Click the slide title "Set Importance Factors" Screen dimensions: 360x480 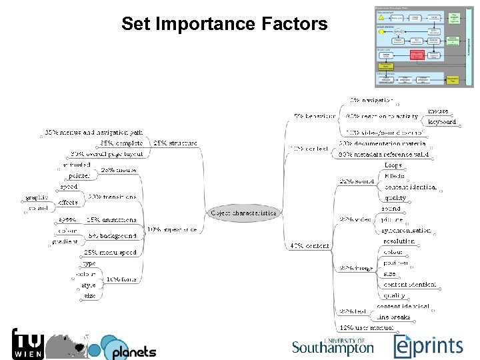click(x=224, y=25)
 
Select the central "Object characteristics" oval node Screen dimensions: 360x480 click(x=244, y=213)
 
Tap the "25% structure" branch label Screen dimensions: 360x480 click(x=175, y=143)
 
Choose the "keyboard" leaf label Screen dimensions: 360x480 click(x=441, y=122)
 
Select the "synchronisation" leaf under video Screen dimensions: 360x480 click(x=407, y=231)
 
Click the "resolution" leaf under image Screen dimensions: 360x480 click(x=399, y=241)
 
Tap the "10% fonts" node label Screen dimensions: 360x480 click(x=121, y=279)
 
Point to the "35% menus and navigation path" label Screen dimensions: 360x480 click(x=93, y=133)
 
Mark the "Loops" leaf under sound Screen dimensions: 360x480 click(x=393, y=165)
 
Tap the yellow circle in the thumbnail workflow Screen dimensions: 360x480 click(x=381, y=31)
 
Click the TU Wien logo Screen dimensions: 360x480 click(x=29, y=344)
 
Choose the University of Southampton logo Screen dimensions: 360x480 click(x=333, y=346)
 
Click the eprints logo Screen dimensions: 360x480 click(x=427, y=345)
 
